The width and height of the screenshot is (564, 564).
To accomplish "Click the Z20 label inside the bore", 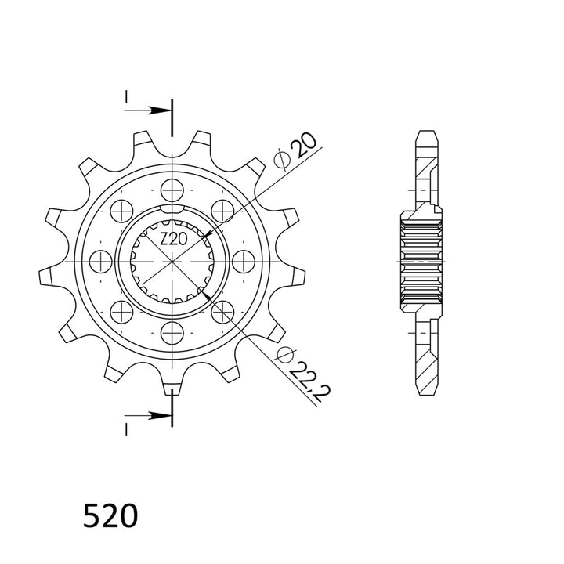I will point(172,240).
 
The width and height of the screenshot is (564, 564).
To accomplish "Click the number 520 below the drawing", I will point(110,515).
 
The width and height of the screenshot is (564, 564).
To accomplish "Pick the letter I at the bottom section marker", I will point(125,427).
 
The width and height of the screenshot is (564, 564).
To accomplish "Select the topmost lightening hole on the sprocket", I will point(172,188).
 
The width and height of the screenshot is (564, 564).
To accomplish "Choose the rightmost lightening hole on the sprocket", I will point(244,260).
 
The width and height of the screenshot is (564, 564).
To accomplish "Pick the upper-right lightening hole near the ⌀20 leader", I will point(223,209).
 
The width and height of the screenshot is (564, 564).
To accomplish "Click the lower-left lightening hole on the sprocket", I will point(121,312).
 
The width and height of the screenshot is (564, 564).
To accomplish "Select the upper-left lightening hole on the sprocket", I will point(121,209).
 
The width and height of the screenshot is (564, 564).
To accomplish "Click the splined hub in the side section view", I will point(423,260).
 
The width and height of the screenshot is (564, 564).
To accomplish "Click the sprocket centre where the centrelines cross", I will point(172,260).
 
